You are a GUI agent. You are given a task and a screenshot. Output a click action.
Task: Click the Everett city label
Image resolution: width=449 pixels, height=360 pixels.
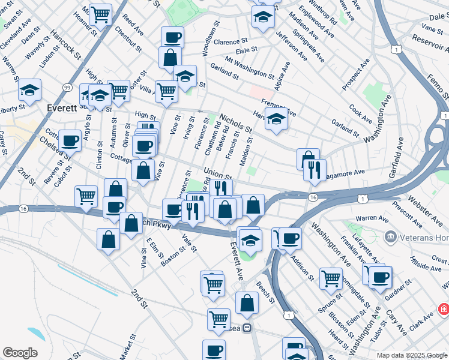click(61, 109)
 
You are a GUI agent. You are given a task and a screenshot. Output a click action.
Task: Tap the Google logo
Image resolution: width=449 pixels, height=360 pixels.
click(20, 353)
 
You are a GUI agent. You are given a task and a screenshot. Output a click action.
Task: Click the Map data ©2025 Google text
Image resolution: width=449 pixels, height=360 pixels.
click(412, 355)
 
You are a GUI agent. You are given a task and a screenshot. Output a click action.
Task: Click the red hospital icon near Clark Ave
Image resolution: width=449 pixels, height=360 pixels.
click(444, 309)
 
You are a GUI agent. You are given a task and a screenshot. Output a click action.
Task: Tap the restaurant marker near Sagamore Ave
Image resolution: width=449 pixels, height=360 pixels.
click(315, 170)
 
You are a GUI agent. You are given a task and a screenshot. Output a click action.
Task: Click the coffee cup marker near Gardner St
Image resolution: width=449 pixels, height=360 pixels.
click(380, 277)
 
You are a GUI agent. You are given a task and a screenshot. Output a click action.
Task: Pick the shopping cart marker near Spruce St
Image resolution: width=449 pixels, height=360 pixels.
click(331, 278)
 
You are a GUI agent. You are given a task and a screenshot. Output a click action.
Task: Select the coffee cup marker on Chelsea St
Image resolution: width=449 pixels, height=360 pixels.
click(70, 140)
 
